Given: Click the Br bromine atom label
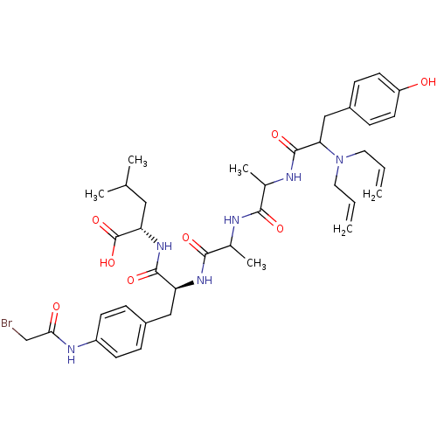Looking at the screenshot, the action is [7, 323].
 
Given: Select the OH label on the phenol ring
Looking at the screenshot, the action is [428, 82].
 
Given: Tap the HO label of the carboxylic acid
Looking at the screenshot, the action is [108, 263].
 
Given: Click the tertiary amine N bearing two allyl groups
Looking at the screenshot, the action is [339, 159].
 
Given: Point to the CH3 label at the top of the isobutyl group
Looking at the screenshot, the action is [137, 161].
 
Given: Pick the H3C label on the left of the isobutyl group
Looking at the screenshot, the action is [94, 194].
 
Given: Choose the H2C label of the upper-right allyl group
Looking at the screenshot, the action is [372, 194].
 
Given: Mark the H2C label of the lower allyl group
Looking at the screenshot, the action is [343, 229].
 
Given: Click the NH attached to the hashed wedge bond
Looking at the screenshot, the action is [164, 246].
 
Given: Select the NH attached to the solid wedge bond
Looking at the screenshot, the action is [205, 281].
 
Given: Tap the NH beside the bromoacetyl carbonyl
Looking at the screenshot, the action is [72, 353].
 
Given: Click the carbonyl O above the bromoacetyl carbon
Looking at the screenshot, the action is [56, 307].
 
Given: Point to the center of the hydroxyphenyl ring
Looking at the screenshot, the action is [374, 99].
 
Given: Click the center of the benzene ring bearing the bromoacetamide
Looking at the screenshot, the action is [121, 331].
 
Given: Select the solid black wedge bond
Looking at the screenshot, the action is [184, 285].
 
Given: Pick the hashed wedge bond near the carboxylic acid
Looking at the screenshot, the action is [149, 235].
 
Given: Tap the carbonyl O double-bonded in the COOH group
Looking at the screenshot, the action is [96, 220].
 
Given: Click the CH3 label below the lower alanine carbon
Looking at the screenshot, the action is [256, 264].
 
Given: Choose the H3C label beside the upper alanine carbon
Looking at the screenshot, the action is [239, 169].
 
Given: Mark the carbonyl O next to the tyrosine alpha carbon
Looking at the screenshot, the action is [275, 135].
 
